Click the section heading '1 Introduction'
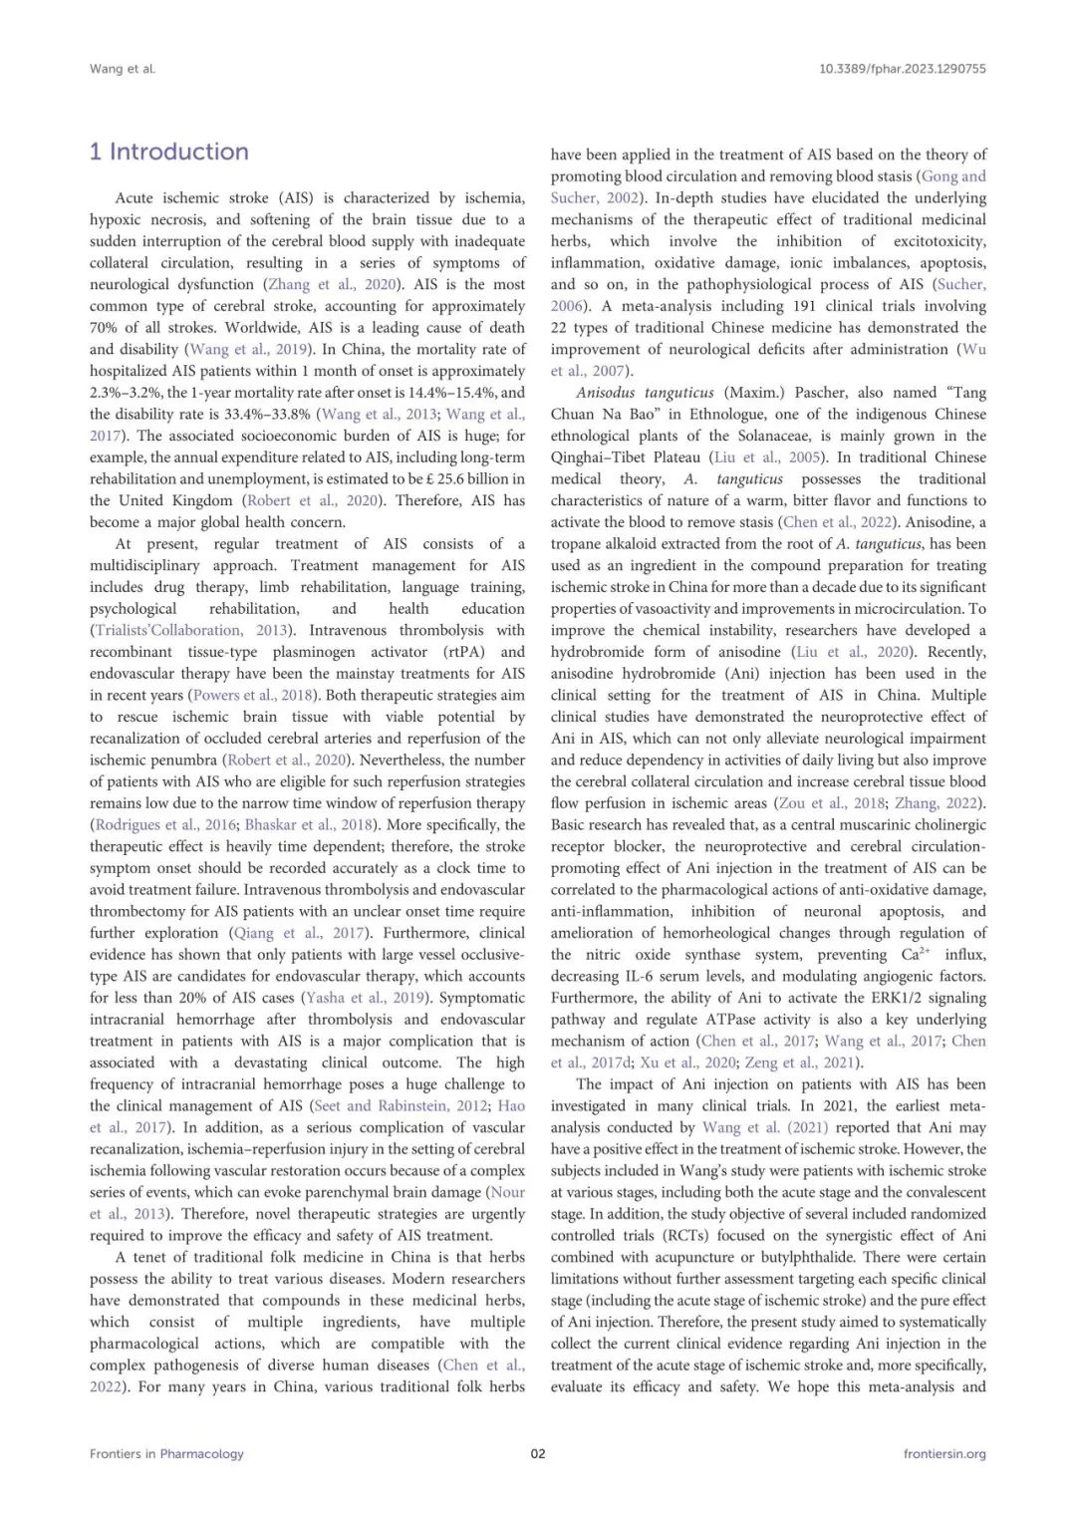(x=168, y=152)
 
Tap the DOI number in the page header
(x=902, y=69)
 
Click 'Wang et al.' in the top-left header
(x=123, y=69)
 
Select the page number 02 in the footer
(x=538, y=1453)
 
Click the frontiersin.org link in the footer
(x=944, y=1453)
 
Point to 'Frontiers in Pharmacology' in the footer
(x=166, y=1453)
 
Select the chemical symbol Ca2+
(x=917, y=955)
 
